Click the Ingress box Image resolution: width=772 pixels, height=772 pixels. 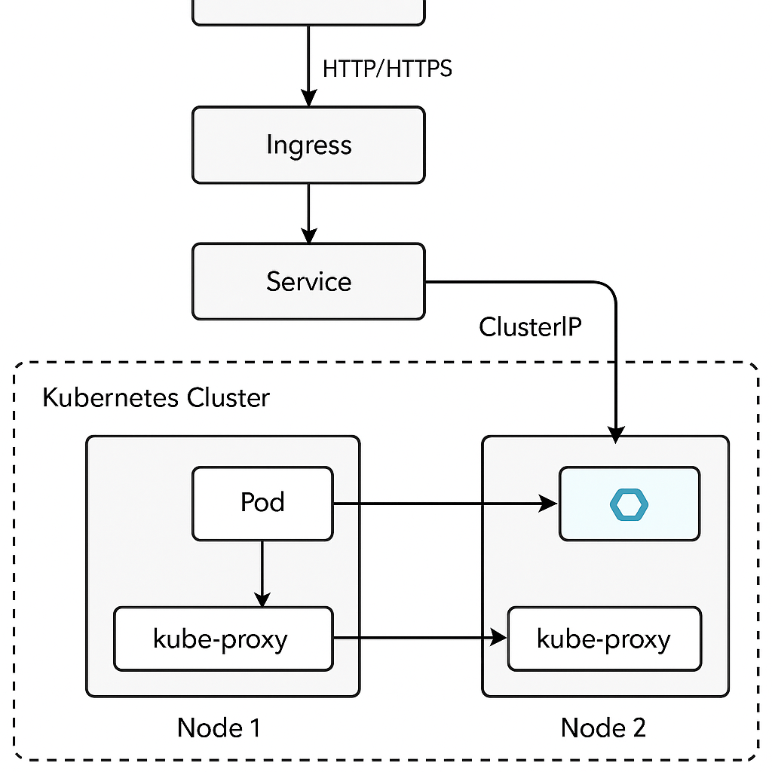click(x=308, y=145)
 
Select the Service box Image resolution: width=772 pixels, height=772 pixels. click(x=308, y=281)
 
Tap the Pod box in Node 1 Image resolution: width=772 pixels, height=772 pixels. click(x=262, y=503)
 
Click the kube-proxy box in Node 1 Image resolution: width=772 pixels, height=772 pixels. click(x=222, y=639)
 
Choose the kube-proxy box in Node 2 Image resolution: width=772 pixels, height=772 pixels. click(x=604, y=639)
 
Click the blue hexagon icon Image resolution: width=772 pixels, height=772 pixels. click(x=629, y=504)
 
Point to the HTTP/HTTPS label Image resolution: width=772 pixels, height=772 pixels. click(x=387, y=69)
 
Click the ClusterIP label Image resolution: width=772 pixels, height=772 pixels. click(x=530, y=326)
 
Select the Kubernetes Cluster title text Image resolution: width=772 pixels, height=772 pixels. click(x=155, y=397)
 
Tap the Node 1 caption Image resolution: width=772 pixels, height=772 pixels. click(x=219, y=728)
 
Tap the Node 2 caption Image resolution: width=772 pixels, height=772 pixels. click(x=603, y=728)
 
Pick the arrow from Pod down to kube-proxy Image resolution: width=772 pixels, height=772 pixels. click(x=262, y=571)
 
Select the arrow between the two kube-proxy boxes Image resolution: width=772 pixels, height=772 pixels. click(x=418, y=639)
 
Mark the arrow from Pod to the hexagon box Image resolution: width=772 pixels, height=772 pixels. click(x=445, y=504)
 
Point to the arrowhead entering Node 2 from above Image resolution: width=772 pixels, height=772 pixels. click(x=616, y=435)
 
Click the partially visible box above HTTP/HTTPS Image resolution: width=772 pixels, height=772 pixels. click(x=308, y=12)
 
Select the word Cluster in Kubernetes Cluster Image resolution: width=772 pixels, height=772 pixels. click(x=225, y=397)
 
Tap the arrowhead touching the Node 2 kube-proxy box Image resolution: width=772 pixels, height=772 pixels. click(x=499, y=639)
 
